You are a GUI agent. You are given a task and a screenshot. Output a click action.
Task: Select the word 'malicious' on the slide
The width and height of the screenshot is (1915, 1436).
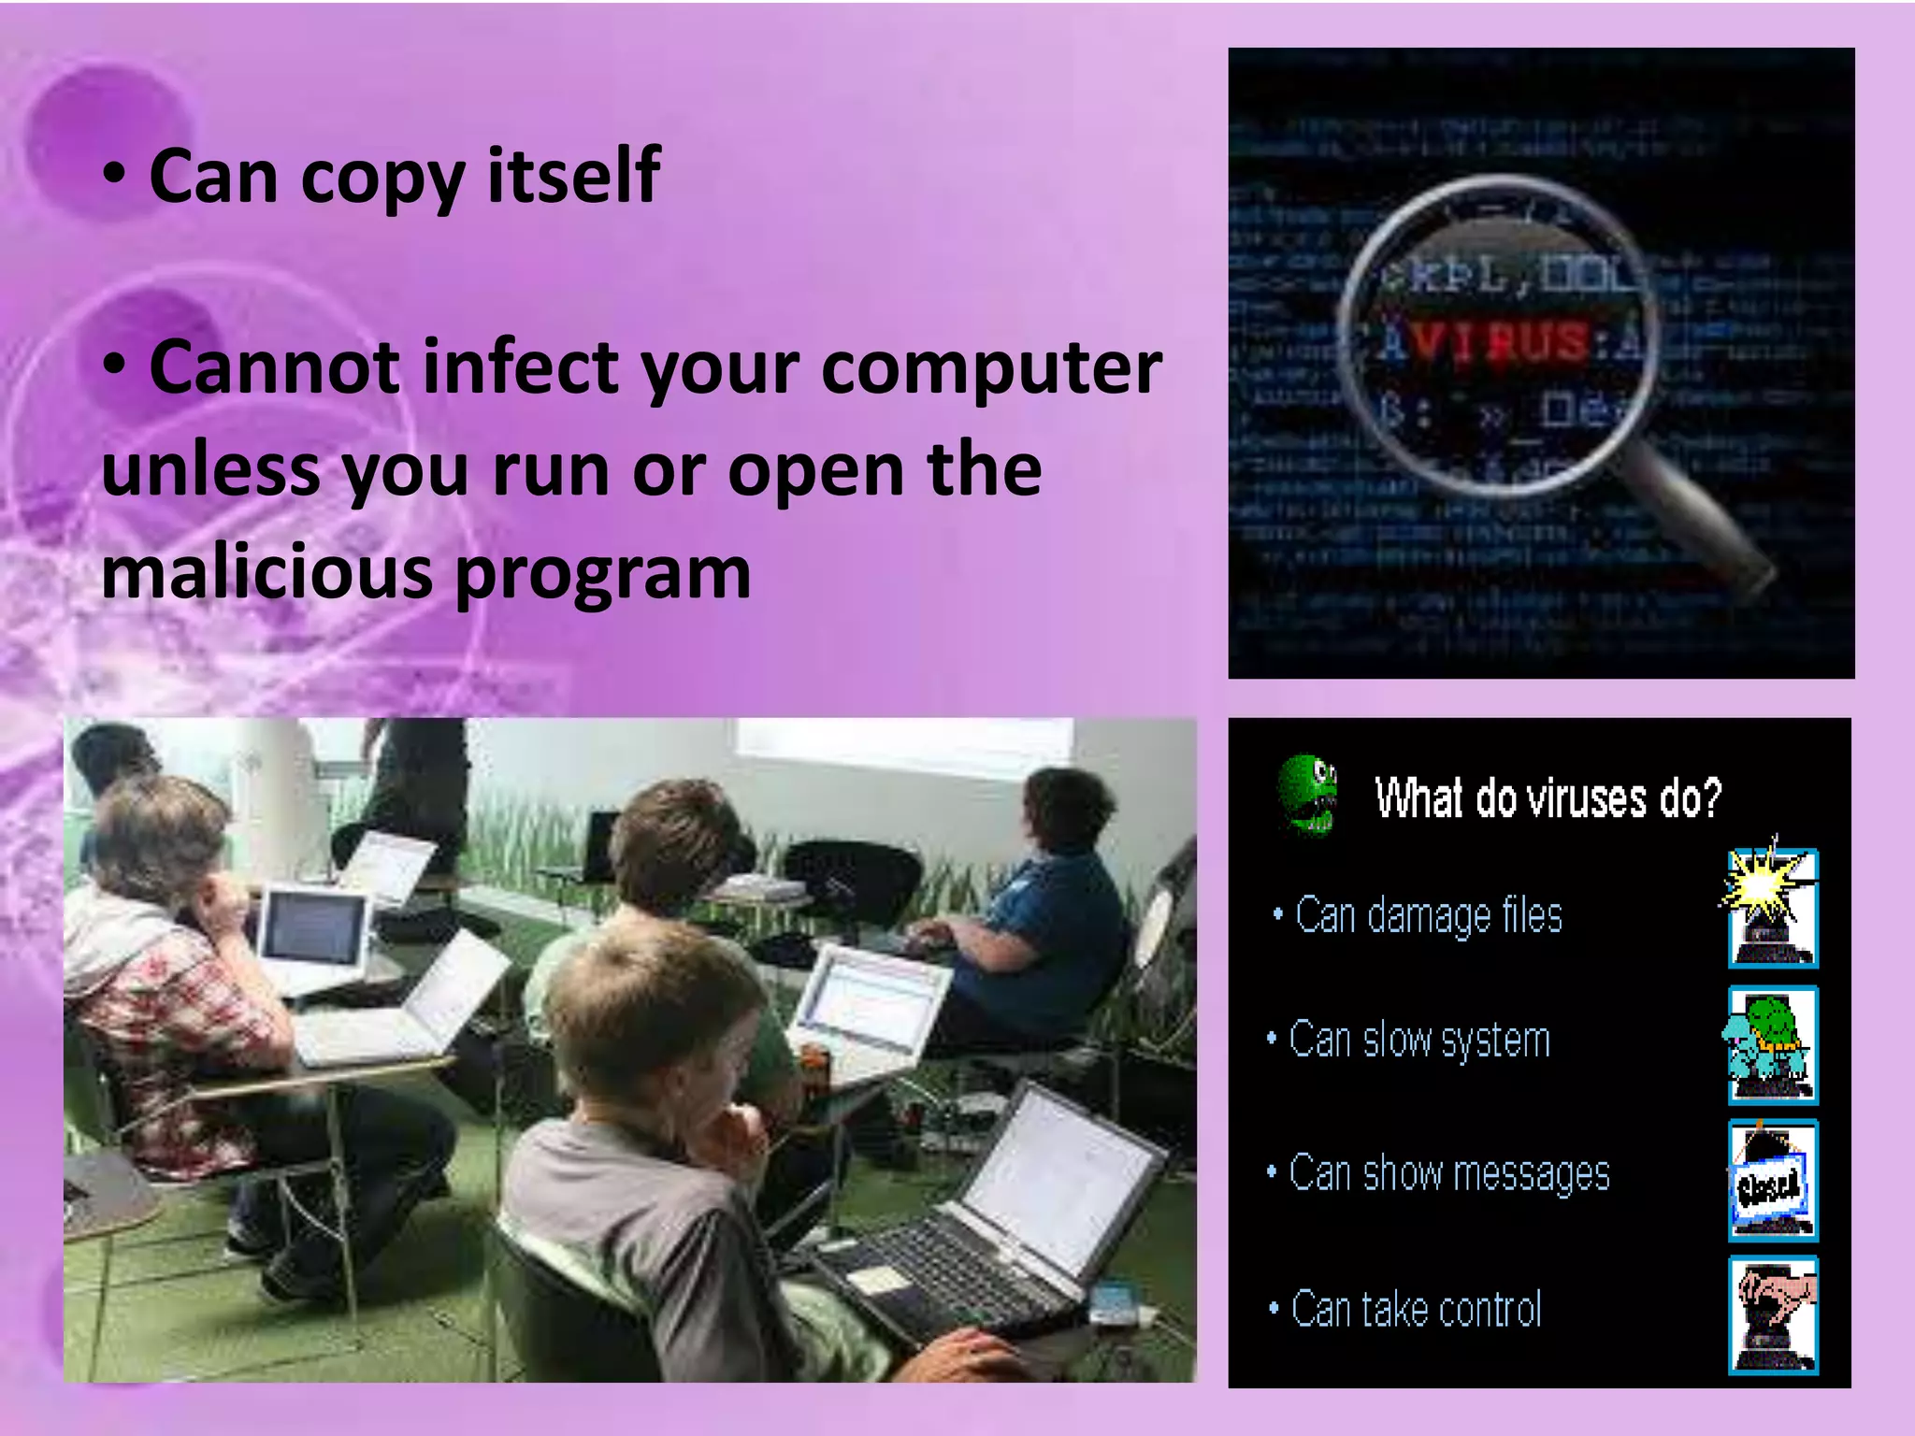click(x=266, y=572)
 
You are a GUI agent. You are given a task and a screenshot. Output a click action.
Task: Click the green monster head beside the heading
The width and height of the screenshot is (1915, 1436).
click(x=1308, y=794)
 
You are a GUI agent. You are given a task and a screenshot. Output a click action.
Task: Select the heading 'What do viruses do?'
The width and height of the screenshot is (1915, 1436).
click(x=1548, y=798)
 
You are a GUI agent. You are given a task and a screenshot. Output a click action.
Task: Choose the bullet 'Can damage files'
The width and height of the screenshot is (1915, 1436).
click(x=1428, y=915)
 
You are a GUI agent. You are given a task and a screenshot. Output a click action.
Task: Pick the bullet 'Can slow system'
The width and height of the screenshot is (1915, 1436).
click(x=1419, y=1040)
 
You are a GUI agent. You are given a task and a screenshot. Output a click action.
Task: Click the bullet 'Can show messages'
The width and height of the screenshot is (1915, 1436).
click(x=1448, y=1173)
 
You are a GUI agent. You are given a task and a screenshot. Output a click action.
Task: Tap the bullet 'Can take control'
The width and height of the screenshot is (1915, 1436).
click(x=1416, y=1309)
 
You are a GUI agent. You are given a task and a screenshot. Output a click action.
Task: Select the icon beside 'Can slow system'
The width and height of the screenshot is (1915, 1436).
click(x=1771, y=1043)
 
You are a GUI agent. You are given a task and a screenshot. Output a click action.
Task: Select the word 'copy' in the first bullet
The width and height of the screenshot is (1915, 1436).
click(x=382, y=177)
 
